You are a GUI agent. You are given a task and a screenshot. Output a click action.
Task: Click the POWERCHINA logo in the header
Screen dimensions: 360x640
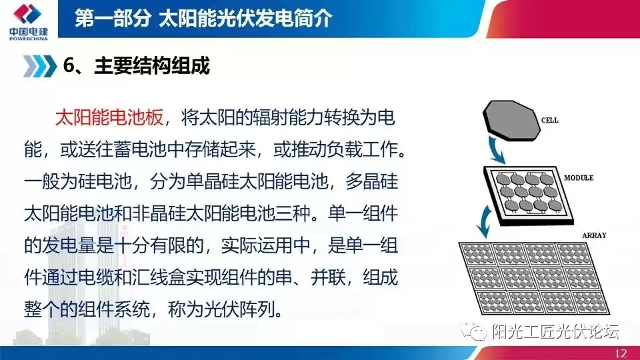pos(27,23)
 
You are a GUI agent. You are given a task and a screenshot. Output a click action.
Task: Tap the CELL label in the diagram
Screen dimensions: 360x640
pos(550,121)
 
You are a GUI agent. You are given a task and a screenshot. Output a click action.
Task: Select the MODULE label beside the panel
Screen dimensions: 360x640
pos(579,179)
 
